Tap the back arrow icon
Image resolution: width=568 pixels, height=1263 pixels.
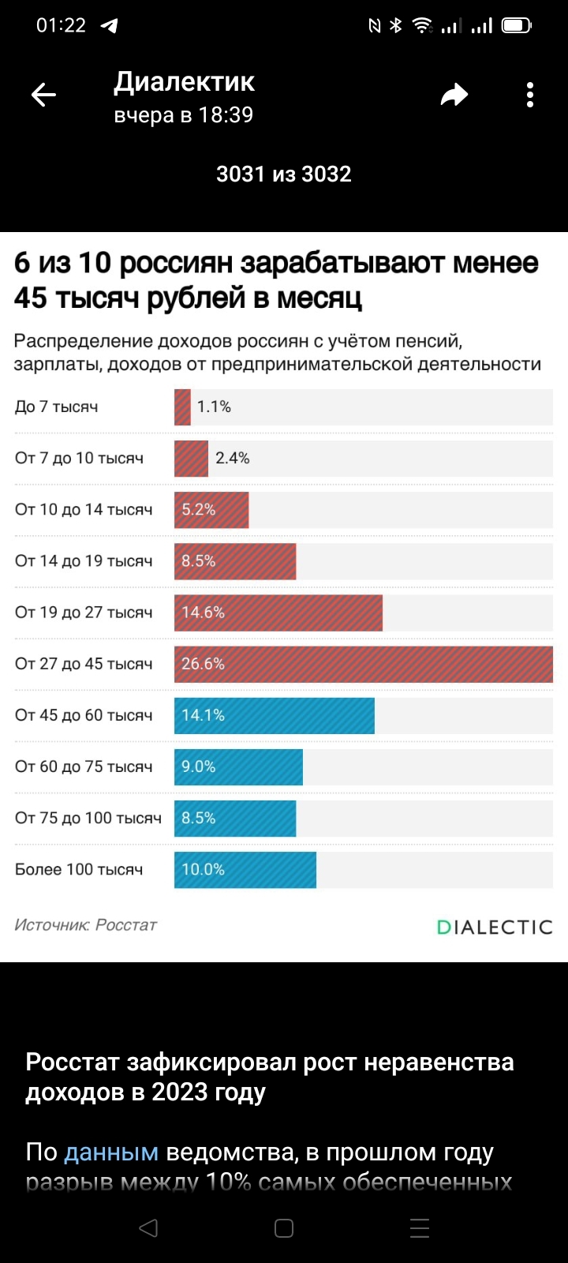[43, 96]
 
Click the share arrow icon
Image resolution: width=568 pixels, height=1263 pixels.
[454, 96]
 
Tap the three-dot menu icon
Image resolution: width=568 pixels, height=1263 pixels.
[530, 96]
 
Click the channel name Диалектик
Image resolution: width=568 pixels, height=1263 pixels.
[184, 82]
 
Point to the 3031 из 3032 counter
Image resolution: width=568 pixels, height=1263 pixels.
[284, 174]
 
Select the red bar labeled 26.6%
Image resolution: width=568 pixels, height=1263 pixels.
[363, 664]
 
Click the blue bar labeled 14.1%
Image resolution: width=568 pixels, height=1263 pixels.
[274, 715]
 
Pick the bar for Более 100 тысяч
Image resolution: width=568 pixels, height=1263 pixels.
[245, 869]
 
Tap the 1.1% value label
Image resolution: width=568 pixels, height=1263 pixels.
[214, 407]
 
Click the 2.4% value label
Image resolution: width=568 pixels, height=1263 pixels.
[233, 458]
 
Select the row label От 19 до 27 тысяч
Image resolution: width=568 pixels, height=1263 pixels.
[84, 613]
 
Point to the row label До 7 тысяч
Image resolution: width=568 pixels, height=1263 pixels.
[57, 407]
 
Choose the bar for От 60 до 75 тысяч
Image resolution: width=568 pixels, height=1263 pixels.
[238, 766]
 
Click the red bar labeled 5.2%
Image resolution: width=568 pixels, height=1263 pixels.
[211, 510]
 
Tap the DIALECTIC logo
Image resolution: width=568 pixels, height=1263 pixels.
[495, 927]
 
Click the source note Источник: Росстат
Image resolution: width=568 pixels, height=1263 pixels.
[86, 924]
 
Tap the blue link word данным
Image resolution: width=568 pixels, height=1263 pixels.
[111, 1152]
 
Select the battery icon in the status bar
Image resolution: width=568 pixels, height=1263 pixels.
[517, 26]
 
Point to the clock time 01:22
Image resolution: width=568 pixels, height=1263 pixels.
[61, 25]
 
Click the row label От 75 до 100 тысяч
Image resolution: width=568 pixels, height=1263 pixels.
[88, 818]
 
